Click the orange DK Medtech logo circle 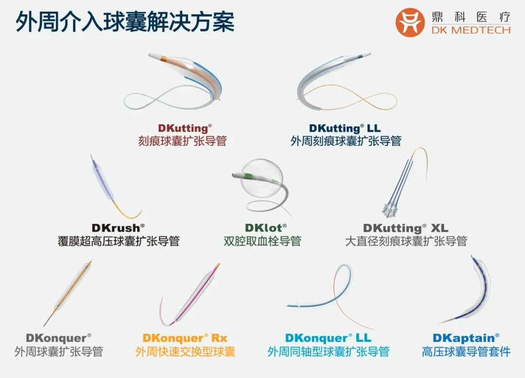click(x=410, y=22)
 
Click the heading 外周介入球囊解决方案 click(x=125, y=22)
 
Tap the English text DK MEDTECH click(x=471, y=30)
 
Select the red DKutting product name click(x=185, y=128)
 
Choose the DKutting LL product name click(x=345, y=128)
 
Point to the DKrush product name click(x=118, y=228)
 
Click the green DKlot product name click(x=266, y=228)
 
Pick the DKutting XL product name click(x=406, y=228)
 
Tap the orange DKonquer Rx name click(x=185, y=338)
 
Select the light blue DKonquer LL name click(x=328, y=338)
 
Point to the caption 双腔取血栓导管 click(x=262, y=241)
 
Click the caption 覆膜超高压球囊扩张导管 click(x=119, y=241)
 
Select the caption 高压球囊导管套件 click(x=466, y=352)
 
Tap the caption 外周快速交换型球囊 click(x=185, y=352)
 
